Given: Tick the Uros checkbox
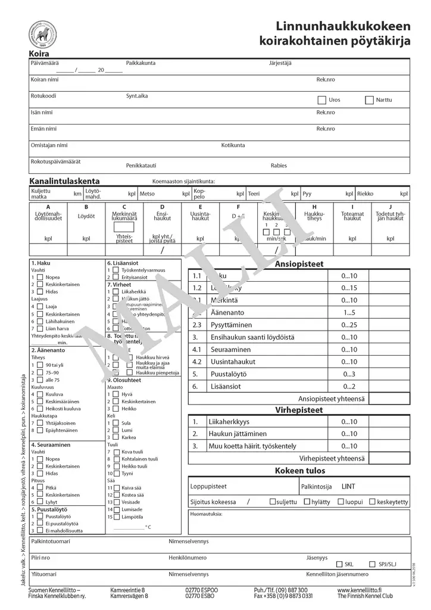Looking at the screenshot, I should (x=322, y=100).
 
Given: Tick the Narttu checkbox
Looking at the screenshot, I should (x=370, y=100).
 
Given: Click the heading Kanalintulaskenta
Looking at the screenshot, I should (x=64, y=181).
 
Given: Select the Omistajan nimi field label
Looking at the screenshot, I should (x=49, y=145).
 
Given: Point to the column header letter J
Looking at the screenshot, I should (x=390, y=207).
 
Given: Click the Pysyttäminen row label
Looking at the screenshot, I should (x=230, y=325).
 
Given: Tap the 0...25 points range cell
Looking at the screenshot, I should (x=349, y=325).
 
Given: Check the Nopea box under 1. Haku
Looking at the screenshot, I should (x=40, y=278).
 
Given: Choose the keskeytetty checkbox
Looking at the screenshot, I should (x=372, y=502).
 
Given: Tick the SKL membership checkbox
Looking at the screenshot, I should (x=339, y=564).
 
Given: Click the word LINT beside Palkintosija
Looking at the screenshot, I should (x=348, y=487).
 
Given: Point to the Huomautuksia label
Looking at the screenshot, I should (x=206, y=513).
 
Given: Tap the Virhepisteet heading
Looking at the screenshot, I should (x=299, y=410).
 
